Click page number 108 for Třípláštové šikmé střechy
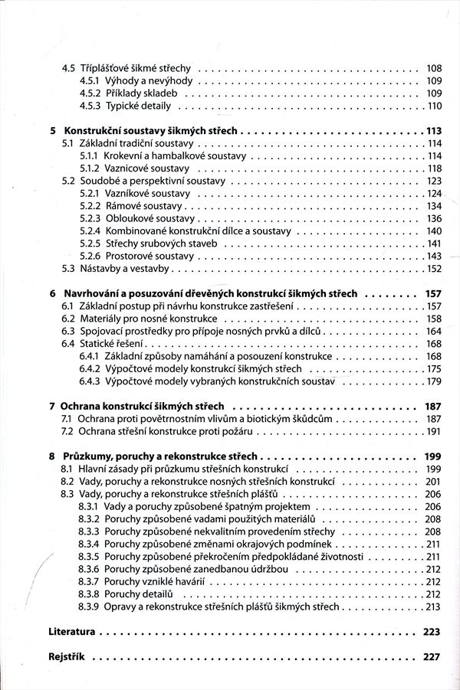coord(433,68)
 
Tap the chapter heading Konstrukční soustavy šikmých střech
coord(151,131)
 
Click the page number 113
coord(434,131)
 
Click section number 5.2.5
coord(90,243)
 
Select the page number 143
coord(434,256)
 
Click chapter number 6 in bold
coord(51,293)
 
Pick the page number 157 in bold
coord(433,293)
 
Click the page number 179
coord(434,381)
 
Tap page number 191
coord(434,431)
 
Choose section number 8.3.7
coord(90,582)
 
